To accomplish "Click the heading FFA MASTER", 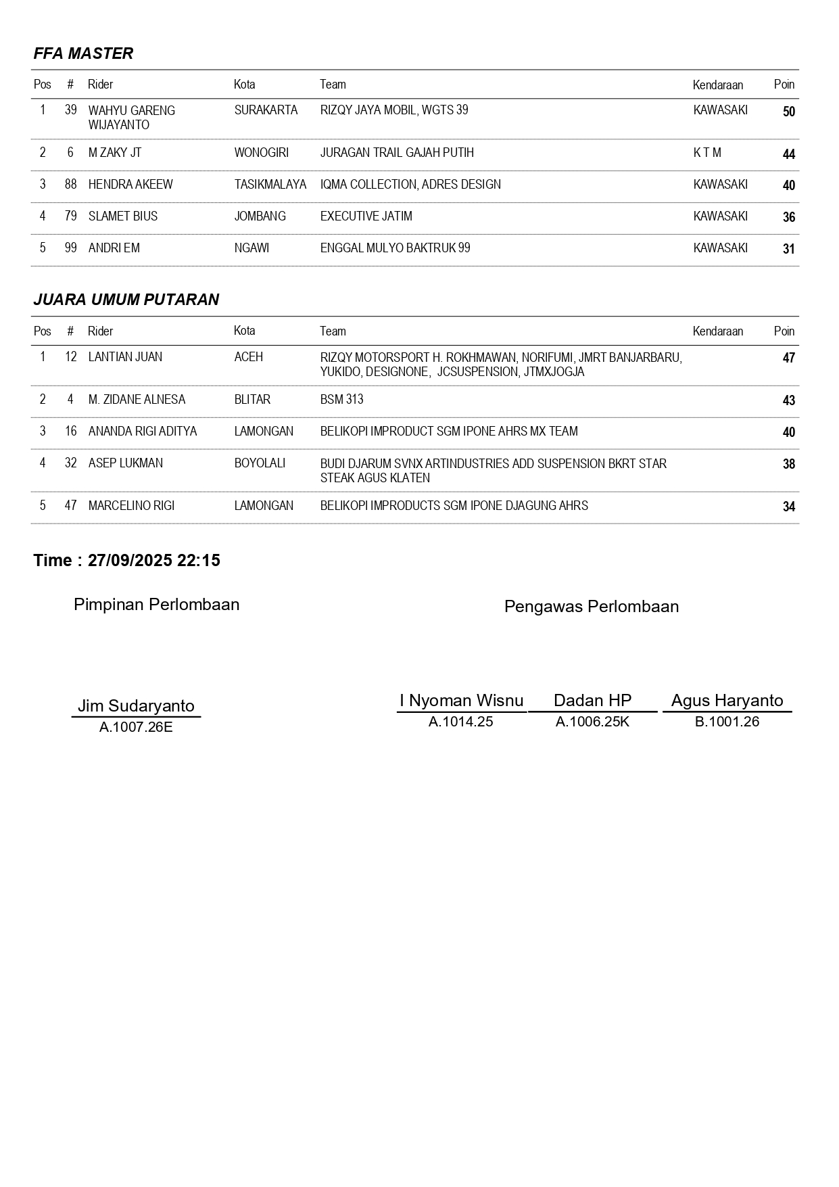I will pos(83,53).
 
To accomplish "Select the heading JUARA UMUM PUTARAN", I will pos(126,300).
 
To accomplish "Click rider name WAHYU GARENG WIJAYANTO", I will pos(132,118).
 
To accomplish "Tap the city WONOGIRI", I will pos(261,153).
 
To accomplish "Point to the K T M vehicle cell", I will pos(707,153).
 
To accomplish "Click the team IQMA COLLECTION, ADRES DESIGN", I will pos(410,185).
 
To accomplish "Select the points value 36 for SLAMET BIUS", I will pos(788,217).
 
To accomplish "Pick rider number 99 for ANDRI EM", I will pos(71,248).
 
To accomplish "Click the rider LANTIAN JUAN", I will pos(125,357).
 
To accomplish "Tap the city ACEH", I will pos(248,357).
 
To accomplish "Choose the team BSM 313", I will pos(341,400).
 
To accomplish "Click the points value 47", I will pos(788,358).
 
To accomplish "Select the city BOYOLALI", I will pos(260,463).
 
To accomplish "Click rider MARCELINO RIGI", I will pos(131,506).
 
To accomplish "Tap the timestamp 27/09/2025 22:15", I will pos(154,561).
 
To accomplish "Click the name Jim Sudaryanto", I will pos(136,705).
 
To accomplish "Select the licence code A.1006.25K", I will pos(592,722).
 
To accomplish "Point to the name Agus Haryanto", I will pos(727,701).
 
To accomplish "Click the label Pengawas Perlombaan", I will pos(592,607).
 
